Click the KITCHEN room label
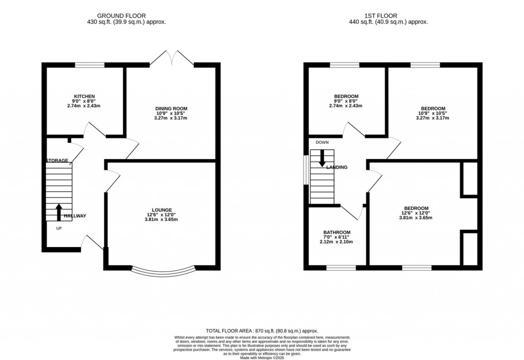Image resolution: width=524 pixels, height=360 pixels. coord(84,97)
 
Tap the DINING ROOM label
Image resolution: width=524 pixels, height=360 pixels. coord(171,108)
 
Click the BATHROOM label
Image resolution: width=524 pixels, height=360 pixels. coord(336,232)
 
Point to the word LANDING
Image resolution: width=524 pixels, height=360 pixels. coord(337,167)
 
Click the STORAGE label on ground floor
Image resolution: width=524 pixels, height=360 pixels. coord(57,161)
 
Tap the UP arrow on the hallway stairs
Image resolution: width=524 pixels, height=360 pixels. coord(58,212)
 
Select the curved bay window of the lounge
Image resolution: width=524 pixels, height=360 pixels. coord(163,272)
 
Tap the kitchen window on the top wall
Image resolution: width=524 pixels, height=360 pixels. coord(90,65)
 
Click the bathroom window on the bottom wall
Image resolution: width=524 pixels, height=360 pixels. coord(341,267)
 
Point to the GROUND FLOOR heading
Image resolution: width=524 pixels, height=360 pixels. coord(126,16)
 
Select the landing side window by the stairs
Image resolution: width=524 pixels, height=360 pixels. coord(306,169)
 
